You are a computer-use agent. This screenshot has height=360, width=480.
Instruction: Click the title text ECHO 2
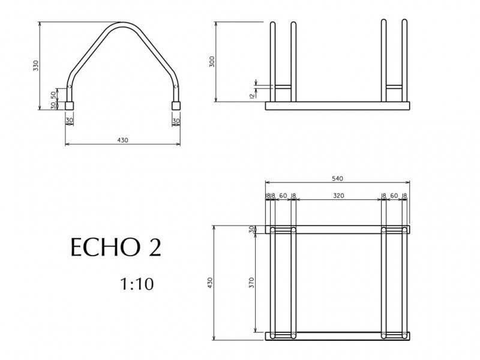tap(116, 247)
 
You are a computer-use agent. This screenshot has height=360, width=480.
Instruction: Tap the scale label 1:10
tap(137, 284)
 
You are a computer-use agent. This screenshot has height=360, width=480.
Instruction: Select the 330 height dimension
tap(36, 66)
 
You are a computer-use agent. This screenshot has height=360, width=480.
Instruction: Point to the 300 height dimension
tap(212, 62)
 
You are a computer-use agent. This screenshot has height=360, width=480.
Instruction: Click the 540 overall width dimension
tap(337, 178)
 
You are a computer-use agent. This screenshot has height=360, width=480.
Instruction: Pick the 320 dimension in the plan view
tap(338, 196)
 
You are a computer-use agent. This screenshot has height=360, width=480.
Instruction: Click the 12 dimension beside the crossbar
tap(252, 95)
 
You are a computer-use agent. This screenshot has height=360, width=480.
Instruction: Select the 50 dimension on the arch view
tap(53, 95)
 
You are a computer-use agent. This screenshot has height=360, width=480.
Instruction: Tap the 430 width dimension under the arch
tap(122, 140)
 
